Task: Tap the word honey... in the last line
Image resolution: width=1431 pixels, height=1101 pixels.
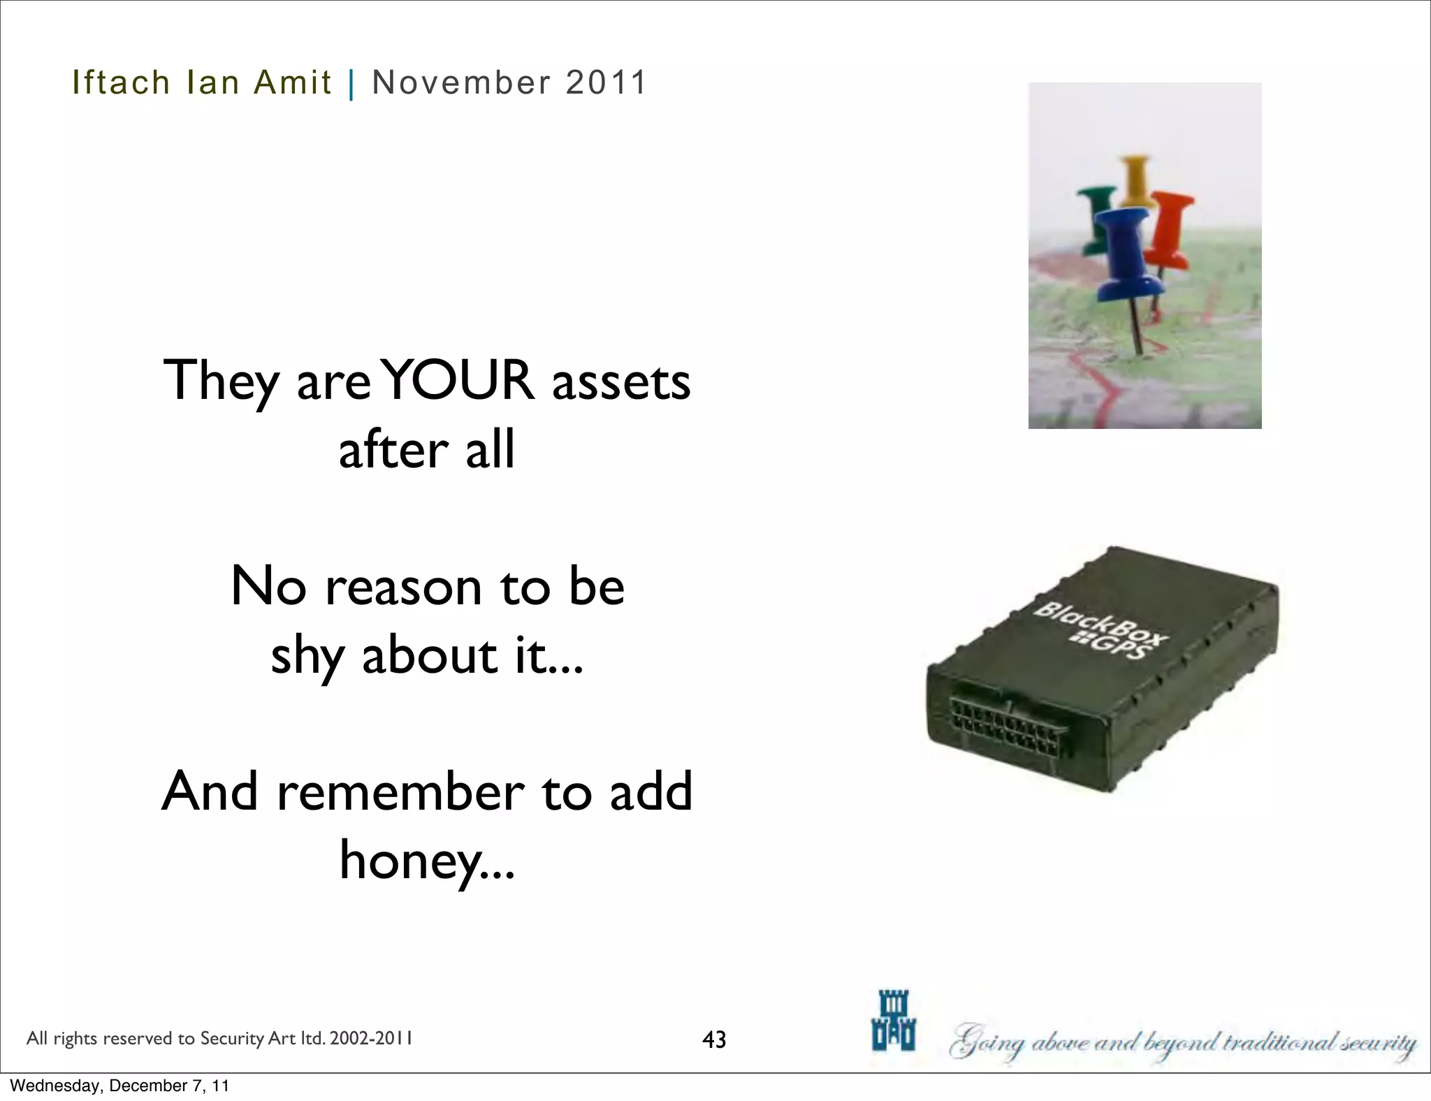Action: click(x=427, y=860)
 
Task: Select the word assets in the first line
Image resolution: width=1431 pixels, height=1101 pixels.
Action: click(x=621, y=382)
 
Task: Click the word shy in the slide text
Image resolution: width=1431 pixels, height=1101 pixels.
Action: click(x=306, y=657)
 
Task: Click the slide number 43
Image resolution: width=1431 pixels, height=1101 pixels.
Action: click(x=714, y=1040)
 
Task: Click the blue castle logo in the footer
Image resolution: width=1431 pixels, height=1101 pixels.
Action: click(x=894, y=1020)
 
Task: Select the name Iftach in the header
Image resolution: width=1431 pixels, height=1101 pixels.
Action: click(x=121, y=82)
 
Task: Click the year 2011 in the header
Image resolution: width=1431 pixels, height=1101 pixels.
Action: click(x=606, y=82)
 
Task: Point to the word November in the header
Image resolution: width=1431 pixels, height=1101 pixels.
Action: click(x=462, y=82)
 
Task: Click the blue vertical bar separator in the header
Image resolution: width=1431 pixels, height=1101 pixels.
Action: click(x=351, y=84)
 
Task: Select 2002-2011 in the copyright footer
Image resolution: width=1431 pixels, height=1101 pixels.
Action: click(x=370, y=1039)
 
